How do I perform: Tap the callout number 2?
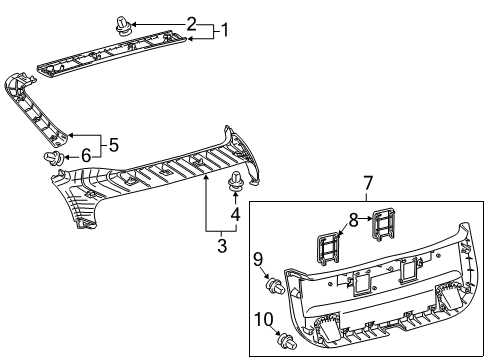pos(190,22)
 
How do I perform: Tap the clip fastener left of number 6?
pos(55,158)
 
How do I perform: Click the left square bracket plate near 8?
pos(330,246)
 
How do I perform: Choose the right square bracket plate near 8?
pos(381,226)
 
